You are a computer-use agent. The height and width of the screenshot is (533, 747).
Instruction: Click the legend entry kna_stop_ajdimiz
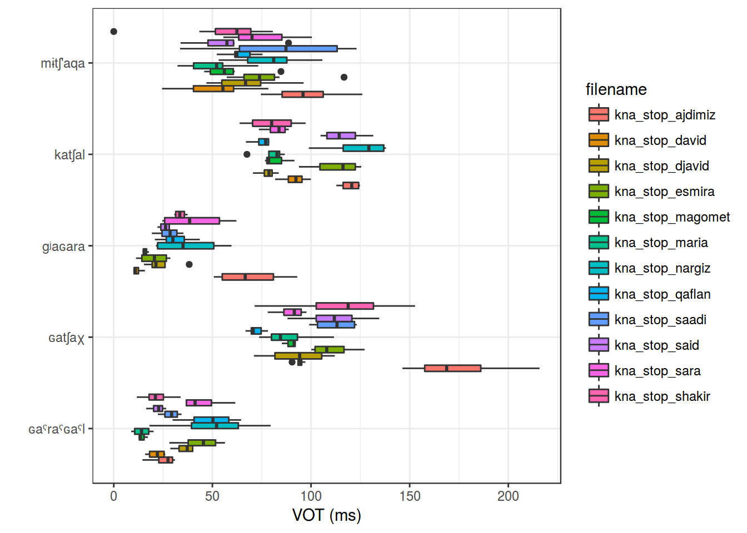pyautogui.click(x=664, y=115)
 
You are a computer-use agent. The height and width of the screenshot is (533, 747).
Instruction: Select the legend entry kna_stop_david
pyautogui.click(x=660, y=140)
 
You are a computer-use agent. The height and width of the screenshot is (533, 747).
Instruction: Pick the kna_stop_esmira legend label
pyautogui.click(x=664, y=192)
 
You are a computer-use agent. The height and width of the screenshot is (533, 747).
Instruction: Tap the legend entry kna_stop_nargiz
pyautogui.click(x=662, y=268)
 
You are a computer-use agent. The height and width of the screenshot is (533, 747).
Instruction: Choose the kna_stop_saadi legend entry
pyautogui.click(x=660, y=320)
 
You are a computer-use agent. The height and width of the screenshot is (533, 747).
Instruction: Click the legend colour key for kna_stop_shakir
pyautogui.click(x=599, y=396)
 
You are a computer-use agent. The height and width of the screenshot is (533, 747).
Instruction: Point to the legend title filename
pyautogui.click(x=616, y=89)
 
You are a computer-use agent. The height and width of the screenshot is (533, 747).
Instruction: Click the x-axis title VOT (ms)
pyautogui.click(x=326, y=515)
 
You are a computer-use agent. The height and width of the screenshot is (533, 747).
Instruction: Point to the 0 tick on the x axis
pyautogui.click(x=113, y=496)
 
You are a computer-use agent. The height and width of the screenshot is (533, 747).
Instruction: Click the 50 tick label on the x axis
pyautogui.click(x=212, y=496)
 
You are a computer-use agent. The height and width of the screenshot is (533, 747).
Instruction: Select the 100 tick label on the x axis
pyautogui.click(x=311, y=496)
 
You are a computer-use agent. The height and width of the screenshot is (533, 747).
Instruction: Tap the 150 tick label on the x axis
pyautogui.click(x=410, y=496)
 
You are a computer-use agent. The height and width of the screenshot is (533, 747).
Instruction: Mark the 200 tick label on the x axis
pyautogui.click(x=508, y=496)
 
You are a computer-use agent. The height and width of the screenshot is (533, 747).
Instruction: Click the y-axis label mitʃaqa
pyautogui.click(x=63, y=63)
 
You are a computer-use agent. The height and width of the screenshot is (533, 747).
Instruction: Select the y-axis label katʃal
pyautogui.click(x=69, y=155)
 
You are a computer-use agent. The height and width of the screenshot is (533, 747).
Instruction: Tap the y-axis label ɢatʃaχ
pyautogui.click(x=66, y=338)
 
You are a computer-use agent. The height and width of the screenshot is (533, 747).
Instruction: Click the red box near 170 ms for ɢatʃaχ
pyautogui.click(x=452, y=368)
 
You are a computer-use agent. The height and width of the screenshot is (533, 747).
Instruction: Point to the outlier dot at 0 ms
pyautogui.click(x=113, y=32)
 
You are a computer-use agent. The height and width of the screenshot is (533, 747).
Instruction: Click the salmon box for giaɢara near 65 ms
pyautogui.click(x=247, y=276)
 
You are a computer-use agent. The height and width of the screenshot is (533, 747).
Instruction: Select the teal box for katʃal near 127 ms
pyautogui.click(x=363, y=148)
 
